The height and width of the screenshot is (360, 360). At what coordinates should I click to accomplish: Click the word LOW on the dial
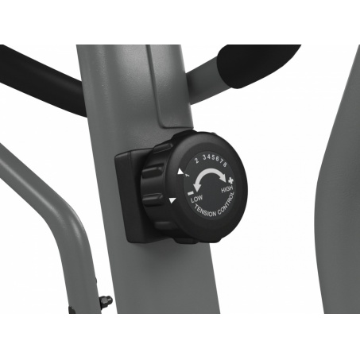[x=196, y=199]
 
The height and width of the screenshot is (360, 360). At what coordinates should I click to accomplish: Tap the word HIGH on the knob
[x=226, y=189]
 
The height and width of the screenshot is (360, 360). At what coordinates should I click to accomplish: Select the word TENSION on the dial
[x=205, y=211]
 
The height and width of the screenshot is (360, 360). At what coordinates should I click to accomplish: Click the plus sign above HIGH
[x=230, y=180]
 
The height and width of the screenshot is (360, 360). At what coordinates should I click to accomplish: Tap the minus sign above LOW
[x=190, y=193]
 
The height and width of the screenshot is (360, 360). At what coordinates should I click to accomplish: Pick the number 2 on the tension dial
[x=196, y=161]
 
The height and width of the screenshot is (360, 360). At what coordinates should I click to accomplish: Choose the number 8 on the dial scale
[x=225, y=165]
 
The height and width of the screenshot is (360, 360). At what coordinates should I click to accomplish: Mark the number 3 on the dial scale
[x=204, y=157]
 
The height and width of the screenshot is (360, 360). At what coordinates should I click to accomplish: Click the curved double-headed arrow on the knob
[x=209, y=172]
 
